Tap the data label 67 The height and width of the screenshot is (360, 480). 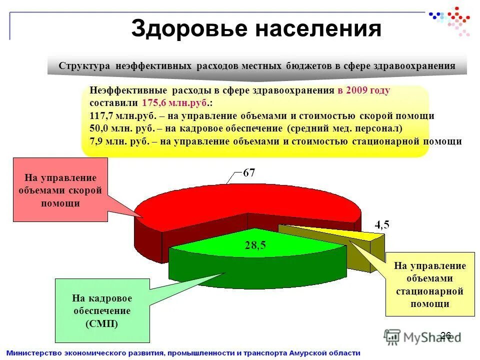(x=249, y=173)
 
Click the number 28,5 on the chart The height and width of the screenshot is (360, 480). (x=255, y=245)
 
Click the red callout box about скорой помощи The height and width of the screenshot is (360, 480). (x=60, y=190)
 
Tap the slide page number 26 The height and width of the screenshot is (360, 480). (x=446, y=335)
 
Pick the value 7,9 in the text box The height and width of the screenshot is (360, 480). (x=97, y=141)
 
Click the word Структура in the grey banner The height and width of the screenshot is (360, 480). (x=84, y=66)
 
